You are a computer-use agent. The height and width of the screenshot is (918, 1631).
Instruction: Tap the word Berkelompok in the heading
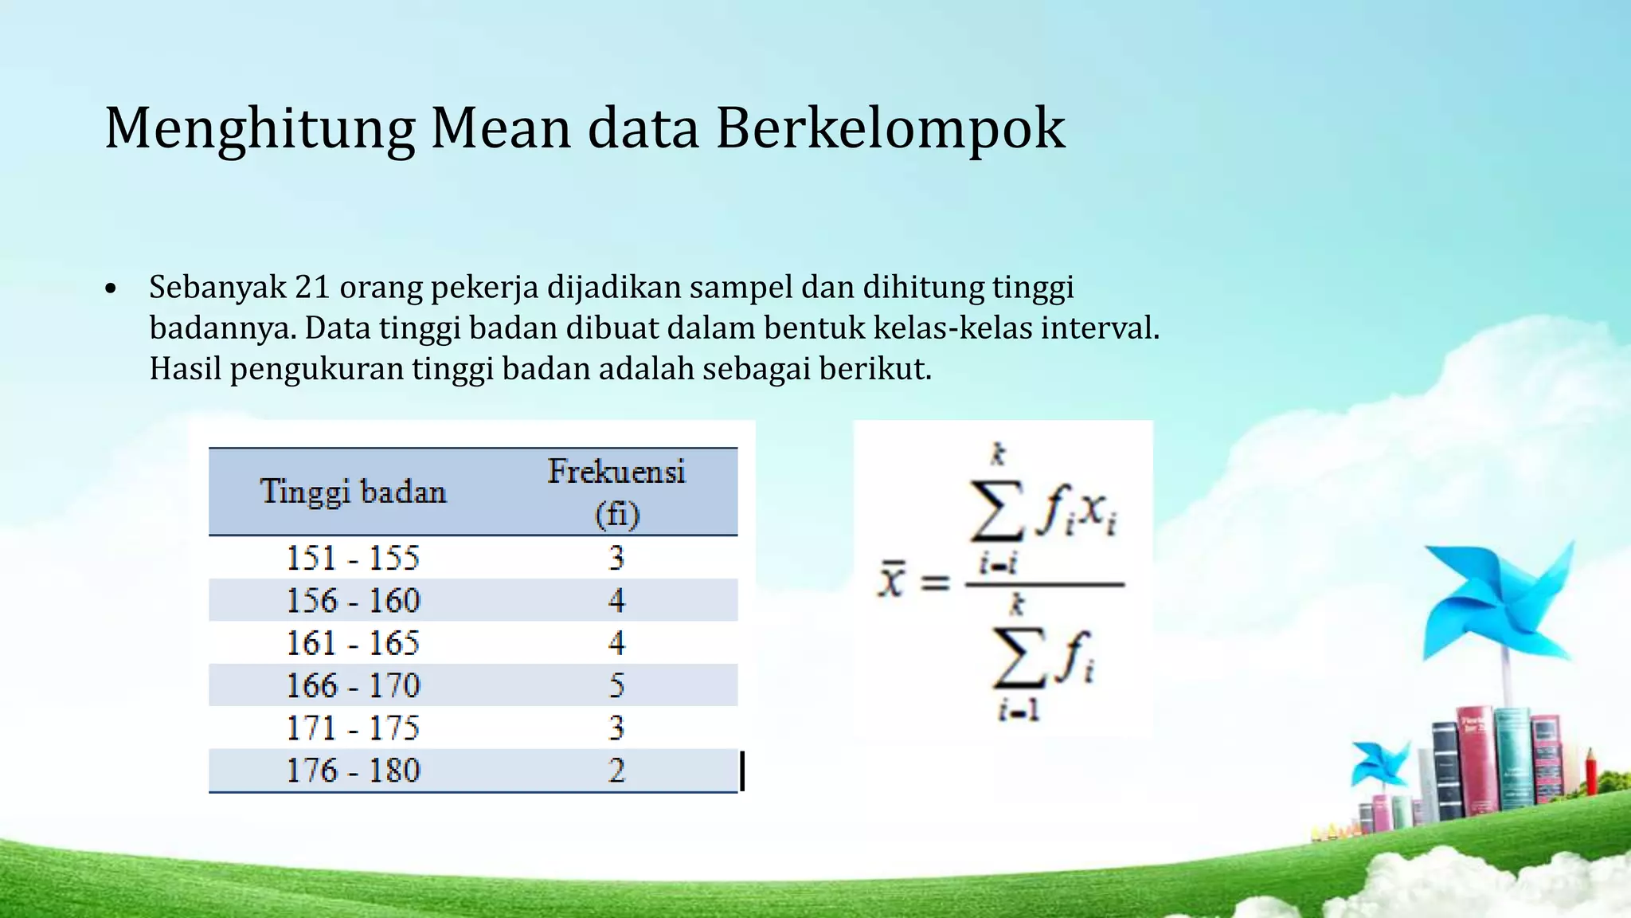(x=890, y=128)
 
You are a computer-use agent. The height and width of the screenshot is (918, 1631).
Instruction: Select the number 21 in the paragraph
(x=312, y=288)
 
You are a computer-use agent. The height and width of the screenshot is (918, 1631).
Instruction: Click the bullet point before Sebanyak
(x=111, y=288)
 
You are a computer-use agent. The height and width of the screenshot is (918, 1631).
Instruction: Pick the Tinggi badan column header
(x=353, y=492)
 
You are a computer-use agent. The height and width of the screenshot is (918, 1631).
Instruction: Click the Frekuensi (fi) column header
(x=616, y=492)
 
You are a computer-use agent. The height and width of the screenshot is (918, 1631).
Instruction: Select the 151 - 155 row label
(x=353, y=558)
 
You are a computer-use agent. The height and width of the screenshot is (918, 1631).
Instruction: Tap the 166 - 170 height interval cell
(x=353, y=685)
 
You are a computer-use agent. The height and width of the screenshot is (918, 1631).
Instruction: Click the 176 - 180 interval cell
(x=353, y=771)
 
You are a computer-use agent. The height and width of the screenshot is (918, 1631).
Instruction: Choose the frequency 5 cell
(x=616, y=685)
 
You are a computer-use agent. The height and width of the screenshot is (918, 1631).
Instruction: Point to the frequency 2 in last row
(x=616, y=771)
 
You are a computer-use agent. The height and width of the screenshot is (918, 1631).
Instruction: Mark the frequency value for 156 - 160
(x=616, y=600)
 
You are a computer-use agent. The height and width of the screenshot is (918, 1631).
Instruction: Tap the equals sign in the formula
(x=935, y=583)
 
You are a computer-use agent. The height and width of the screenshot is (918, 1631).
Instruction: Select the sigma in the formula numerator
(x=997, y=510)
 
